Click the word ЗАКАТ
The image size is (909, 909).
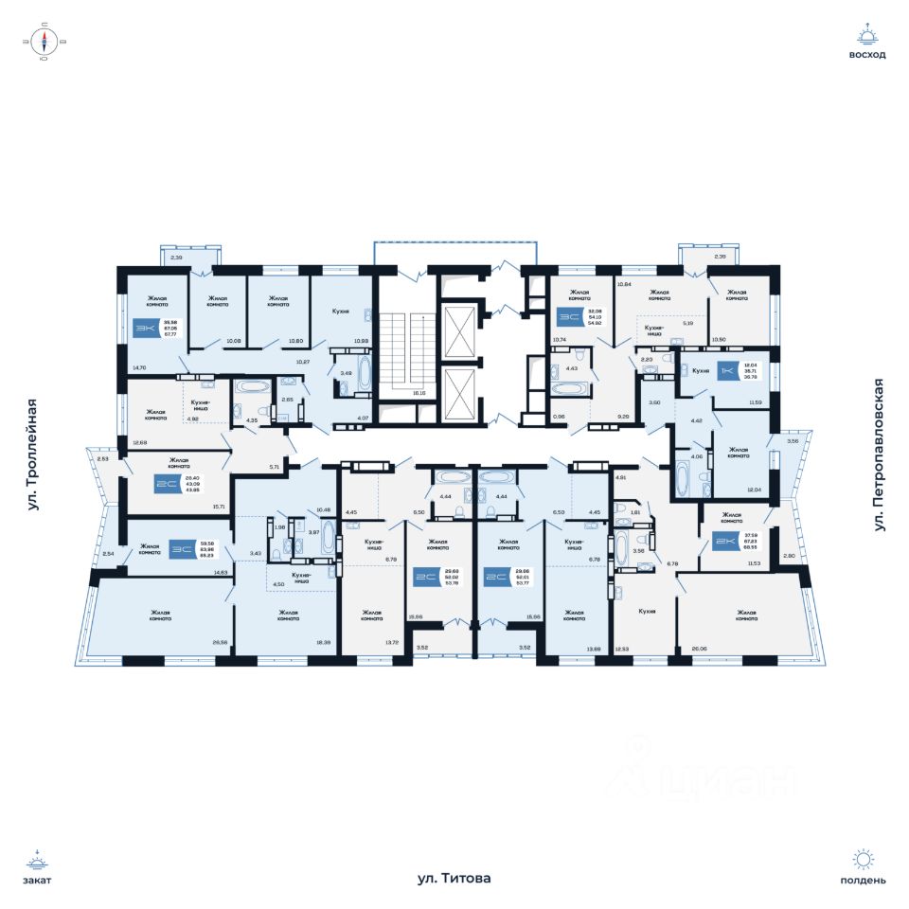click(39, 880)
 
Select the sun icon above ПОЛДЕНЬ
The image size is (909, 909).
click(863, 860)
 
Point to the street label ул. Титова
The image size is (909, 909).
click(454, 879)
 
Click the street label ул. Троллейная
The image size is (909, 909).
click(35, 455)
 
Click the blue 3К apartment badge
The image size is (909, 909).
click(146, 329)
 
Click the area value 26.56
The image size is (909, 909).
click(220, 642)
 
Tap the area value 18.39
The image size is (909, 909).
click(323, 642)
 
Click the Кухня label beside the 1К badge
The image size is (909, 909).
click(701, 370)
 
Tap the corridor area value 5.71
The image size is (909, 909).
click(274, 468)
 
